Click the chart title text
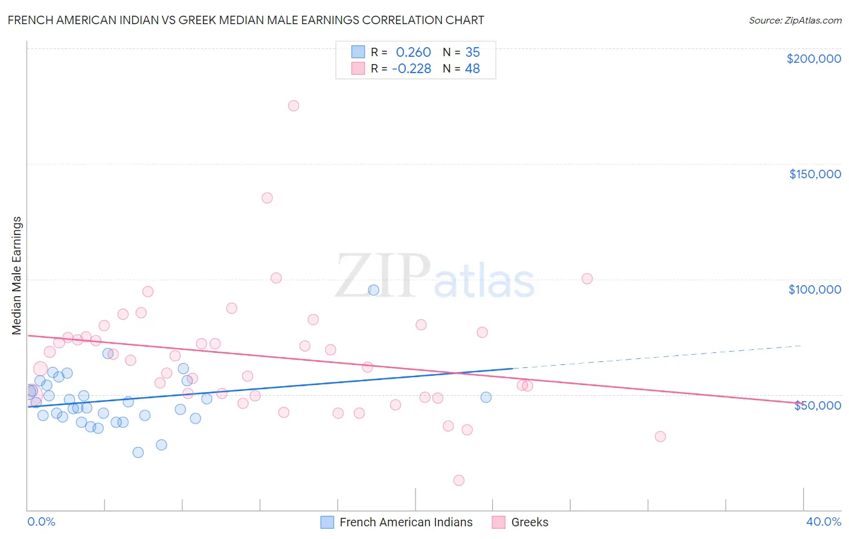tap(246, 20)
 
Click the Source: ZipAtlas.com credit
tap(795, 21)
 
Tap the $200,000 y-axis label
tap(813, 59)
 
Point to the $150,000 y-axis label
tap(815, 174)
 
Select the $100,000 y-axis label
tap(815, 289)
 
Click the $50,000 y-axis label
tap(817, 405)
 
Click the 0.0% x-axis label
tap(41, 521)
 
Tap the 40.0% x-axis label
tap(823, 521)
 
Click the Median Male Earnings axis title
tap(17, 275)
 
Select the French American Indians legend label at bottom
tap(406, 522)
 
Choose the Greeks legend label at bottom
tap(530, 522)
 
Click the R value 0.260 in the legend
tap(413, 53)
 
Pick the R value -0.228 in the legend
tap(411, 69)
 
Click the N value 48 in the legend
tap(472, 69)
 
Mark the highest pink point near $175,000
tap(293, 106)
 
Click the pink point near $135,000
tap(267, 198)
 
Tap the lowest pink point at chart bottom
tap(459, 480)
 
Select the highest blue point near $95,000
tap(374, 290)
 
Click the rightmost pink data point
tap(660, 436)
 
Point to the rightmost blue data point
tap(486, 397)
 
